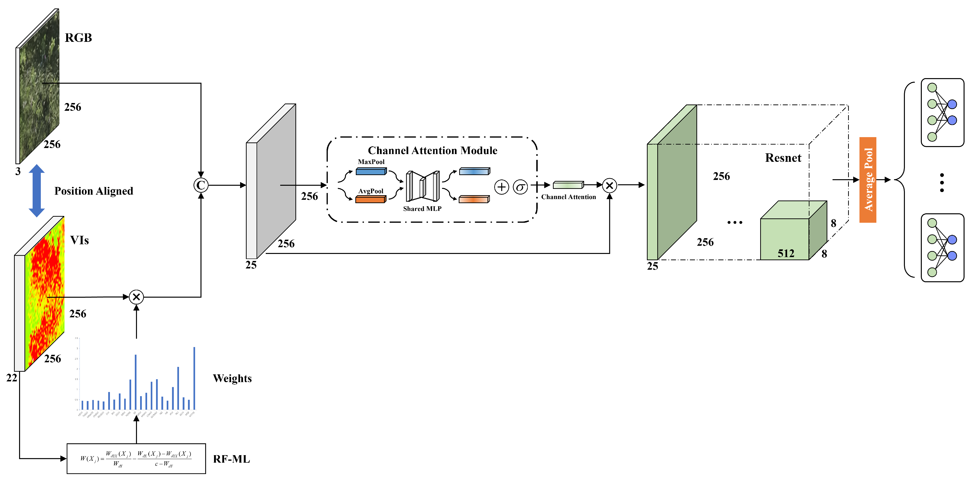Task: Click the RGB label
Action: tap(78, 38)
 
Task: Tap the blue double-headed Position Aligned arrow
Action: tap(37, 191)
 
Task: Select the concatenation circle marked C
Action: tap(200, 185)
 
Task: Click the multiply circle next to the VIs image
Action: tap(136, 297)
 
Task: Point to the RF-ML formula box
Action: tap(136, 459)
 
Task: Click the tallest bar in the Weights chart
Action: tap(194, 378)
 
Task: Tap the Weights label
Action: tap(232, 378)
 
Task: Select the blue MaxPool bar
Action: tap(371, 172)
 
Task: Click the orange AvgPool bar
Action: tap(370, 200)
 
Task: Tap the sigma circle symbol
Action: tap(520, 187)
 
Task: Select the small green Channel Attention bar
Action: tap(568, 185)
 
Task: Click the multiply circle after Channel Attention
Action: tap(609, 185)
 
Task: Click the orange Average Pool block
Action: tap(868, 180)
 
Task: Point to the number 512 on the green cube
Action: tap(786, 253)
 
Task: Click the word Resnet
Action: tap(783, 158)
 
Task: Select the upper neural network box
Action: tap(942, 113)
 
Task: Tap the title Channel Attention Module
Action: tap(432, 150)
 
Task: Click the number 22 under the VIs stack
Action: tap(12, 378)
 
